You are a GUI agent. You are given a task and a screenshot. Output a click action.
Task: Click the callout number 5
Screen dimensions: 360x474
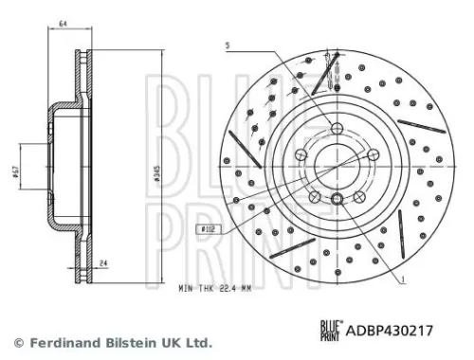coord(228,45)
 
